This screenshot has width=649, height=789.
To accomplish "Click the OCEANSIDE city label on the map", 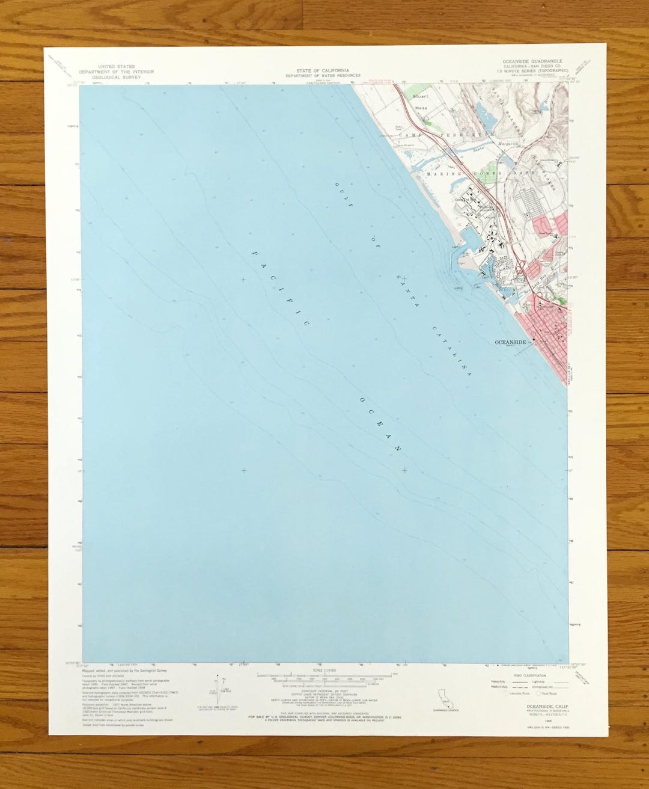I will tap(510, 342).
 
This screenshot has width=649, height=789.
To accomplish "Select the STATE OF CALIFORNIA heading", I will tap(323, 70).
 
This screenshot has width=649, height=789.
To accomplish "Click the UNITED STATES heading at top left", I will tap(116, 66).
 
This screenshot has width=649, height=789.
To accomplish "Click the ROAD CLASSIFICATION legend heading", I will tap(529, 675).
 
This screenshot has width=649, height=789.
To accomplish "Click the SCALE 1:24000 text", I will tap(322, 670).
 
